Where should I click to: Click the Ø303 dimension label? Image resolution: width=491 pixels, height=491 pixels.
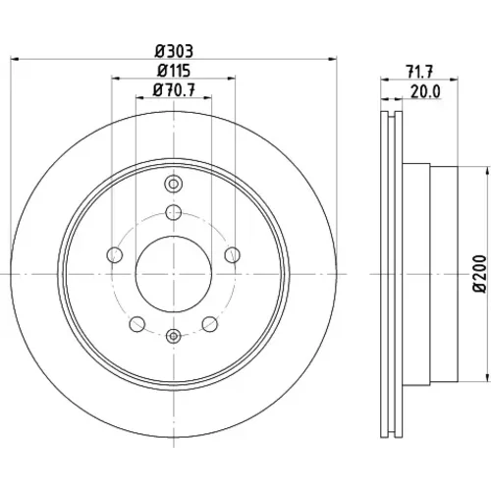174,51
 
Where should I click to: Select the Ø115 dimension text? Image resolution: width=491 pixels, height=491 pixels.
174,71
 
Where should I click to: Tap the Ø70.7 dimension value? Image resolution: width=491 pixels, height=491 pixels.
174,90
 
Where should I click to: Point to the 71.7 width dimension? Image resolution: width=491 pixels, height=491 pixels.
419,72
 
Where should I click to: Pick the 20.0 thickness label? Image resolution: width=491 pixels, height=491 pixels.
425,92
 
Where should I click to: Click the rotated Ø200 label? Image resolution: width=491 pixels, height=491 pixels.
480,274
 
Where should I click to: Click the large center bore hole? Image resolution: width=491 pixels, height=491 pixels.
174,274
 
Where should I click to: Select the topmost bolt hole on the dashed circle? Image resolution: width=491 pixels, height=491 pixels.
174,212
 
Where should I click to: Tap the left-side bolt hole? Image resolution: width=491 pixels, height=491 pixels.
115,255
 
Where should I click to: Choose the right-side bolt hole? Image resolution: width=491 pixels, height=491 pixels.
233,255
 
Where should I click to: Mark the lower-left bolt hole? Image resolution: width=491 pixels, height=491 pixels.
137,324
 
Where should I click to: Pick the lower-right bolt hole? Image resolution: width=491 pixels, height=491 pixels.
210,324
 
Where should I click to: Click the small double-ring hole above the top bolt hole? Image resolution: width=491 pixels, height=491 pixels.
174,184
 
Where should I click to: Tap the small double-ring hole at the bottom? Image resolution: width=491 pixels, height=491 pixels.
174,336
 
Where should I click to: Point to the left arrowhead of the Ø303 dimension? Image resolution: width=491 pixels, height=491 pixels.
15,59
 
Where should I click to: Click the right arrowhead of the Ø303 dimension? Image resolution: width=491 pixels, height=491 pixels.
332,59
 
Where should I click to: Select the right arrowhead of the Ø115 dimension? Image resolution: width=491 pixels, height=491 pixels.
231,79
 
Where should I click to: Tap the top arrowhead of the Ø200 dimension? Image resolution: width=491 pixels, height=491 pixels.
485,171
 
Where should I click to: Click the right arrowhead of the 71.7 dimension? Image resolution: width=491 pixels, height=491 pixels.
454,79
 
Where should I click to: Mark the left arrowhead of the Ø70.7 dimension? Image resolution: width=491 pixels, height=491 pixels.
139,97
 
